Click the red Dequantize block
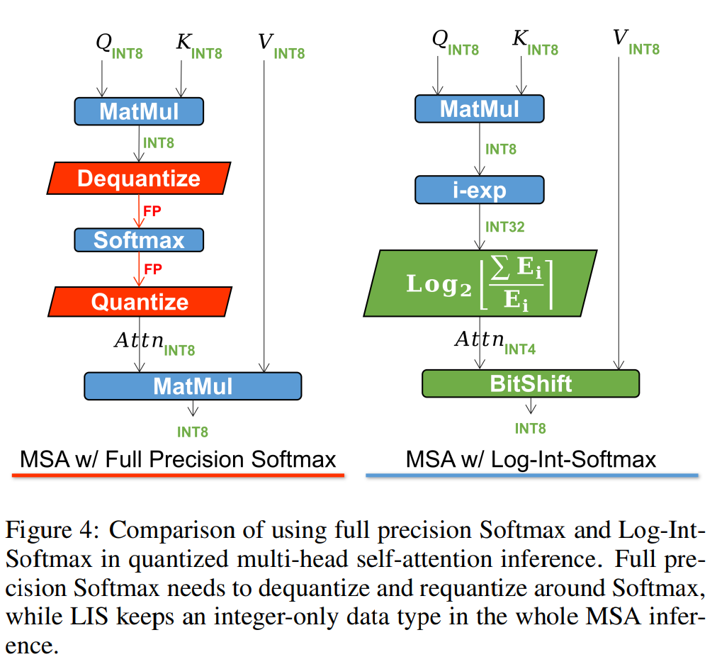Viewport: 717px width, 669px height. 139,178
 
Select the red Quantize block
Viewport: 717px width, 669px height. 140,302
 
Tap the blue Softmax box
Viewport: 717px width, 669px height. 139,240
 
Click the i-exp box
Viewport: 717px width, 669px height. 479,190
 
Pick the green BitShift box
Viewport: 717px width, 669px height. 531,383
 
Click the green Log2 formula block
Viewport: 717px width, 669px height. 480,283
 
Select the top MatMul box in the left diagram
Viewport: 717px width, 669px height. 139,111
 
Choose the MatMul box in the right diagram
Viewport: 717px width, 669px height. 479,108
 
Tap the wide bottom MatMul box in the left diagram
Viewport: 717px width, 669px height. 193,386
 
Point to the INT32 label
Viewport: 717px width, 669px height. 505,227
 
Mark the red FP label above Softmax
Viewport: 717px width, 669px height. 153,211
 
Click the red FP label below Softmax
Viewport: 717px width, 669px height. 153,269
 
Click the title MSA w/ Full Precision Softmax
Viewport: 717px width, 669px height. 178,459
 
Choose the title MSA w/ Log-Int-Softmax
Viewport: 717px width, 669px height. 531,459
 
